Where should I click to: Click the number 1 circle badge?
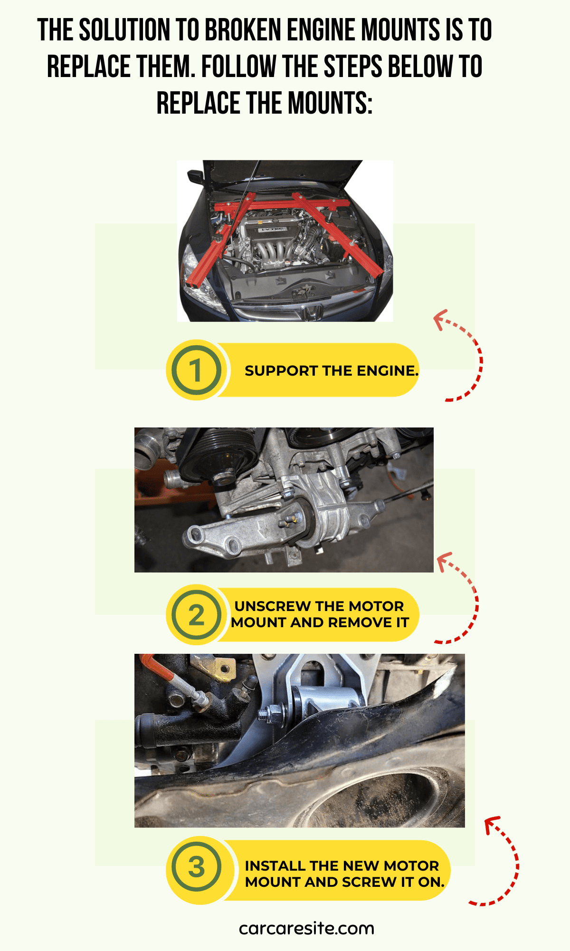tap(196, 370)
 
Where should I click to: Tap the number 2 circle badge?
tap(196, 615)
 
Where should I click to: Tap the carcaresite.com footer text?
tap(306, 928)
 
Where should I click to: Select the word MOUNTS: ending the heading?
tap(330, 103)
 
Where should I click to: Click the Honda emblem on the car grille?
tap(313, 312)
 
